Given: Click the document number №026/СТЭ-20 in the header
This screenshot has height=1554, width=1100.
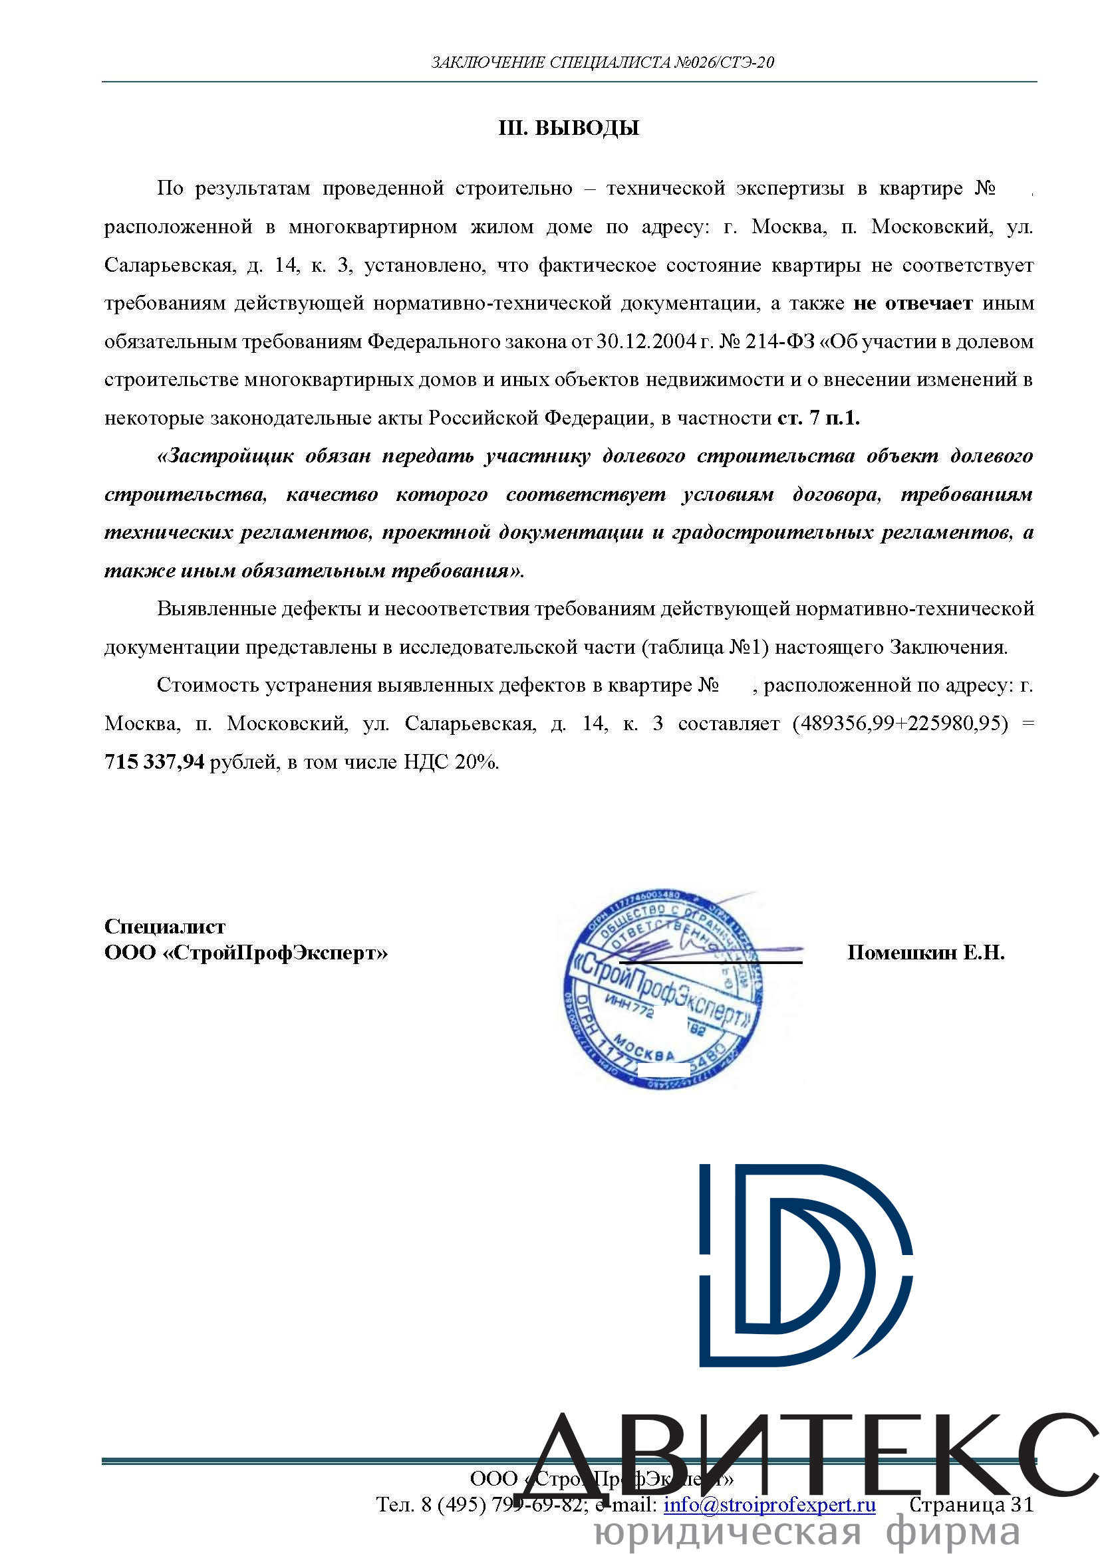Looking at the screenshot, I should (724, 63).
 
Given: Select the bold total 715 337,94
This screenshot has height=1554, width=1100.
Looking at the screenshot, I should (154, 762).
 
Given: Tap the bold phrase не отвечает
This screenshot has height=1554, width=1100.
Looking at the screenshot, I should (912, 303).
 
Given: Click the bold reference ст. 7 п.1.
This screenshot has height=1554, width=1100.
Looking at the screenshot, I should (818, 418).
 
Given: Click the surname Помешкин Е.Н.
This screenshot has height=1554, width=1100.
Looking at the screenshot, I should (926, 953).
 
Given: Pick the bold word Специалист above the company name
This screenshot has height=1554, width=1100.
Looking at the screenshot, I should (164, 926).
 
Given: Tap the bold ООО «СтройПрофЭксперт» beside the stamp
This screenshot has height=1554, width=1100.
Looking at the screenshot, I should (246, 953).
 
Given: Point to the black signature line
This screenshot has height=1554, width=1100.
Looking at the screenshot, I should (711, 962).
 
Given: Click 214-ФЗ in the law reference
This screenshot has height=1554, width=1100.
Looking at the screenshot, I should (779, 341).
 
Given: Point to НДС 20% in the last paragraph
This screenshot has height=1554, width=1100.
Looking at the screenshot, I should (450, 762).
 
